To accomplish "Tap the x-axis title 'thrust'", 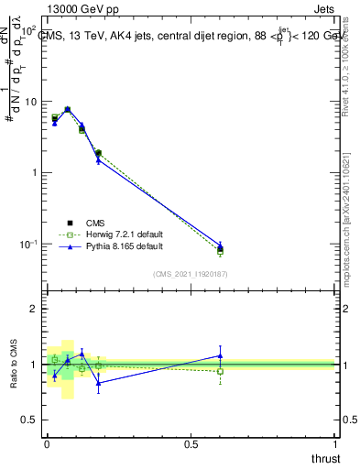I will (x=325, y=457).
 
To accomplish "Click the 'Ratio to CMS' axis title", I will (x=14, y=364).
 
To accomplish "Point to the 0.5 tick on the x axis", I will (x=191, y=444).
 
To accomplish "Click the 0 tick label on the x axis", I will (x=47, y=444).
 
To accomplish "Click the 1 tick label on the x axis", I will (x=335, y=444).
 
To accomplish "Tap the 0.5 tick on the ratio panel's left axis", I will (x=31, y=420).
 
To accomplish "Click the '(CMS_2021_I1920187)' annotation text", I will (x=191, y=273).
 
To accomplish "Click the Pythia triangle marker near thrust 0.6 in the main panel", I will (x=220, y=245).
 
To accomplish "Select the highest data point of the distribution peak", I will (x=68, y=109).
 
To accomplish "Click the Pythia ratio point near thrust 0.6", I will (x=220, y=355).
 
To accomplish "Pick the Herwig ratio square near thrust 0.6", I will (x=220, y=371).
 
